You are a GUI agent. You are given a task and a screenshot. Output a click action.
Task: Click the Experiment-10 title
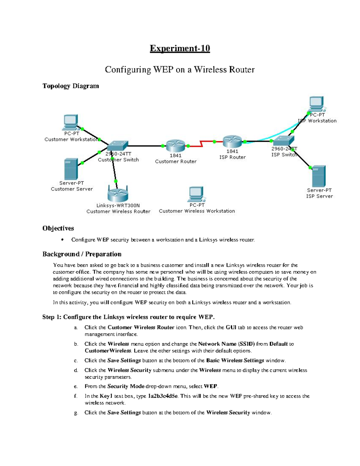pos(180,49)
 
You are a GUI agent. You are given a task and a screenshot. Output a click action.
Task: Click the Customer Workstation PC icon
pos(71,122)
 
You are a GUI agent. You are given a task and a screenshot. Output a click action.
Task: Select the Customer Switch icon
pos(118,146)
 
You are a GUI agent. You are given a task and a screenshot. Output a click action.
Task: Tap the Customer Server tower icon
pos(71,169)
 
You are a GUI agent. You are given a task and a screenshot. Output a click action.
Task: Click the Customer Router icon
pos(175,146)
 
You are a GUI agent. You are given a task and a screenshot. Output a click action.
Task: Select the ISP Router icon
pos(232,142)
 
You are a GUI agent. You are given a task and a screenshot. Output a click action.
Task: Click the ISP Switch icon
pos(284,140)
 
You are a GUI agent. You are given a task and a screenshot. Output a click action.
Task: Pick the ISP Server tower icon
pos(319,176)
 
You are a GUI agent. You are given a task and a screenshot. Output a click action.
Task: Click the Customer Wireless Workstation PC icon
pos(196,194)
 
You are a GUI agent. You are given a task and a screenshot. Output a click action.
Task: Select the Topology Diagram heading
pos(70,86)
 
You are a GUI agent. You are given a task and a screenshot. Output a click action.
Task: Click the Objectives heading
pos(58,228)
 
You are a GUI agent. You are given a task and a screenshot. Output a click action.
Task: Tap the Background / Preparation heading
pos(82,254)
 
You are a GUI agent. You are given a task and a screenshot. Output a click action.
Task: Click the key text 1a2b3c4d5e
pos(163,396)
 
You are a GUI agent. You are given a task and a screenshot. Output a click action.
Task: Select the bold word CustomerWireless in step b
pos(108,351)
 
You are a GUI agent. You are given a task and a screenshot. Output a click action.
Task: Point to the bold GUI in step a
pos(231,328)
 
